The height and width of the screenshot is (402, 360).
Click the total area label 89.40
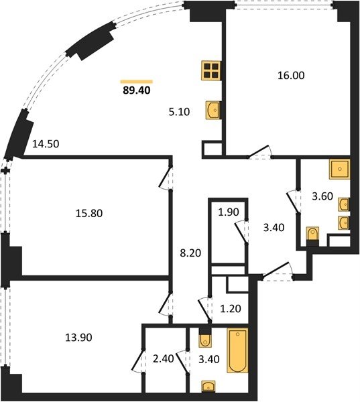137,90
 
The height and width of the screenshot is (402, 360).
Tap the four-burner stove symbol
211,70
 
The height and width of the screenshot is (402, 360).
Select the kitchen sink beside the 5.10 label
213,110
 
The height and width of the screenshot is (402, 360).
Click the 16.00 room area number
291,76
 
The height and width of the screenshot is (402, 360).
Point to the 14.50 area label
46,144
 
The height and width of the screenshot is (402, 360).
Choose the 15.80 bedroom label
89,213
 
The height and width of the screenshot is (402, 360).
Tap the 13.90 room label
78,338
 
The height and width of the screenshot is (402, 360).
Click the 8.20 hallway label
190,253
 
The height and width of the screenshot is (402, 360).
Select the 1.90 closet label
229,212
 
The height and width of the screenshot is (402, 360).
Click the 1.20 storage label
231,308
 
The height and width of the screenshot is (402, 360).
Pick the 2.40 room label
163,358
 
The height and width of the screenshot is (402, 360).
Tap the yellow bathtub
237,350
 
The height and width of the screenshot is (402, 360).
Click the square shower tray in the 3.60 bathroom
340,170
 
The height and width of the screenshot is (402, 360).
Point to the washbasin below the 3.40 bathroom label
208,386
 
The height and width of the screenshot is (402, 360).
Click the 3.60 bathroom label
322,196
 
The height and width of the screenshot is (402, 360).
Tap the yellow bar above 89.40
137,82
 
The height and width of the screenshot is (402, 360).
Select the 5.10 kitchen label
179,112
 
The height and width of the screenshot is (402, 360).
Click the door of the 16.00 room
259,151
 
